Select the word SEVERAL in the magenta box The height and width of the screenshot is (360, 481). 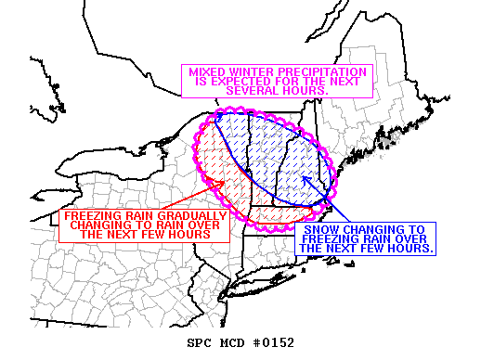(x=253, y=91)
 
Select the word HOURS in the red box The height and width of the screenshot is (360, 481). (x=187, y=236)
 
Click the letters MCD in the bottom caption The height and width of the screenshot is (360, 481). (x=232, y=343)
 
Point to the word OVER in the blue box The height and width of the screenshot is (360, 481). (x=411, y=238)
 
